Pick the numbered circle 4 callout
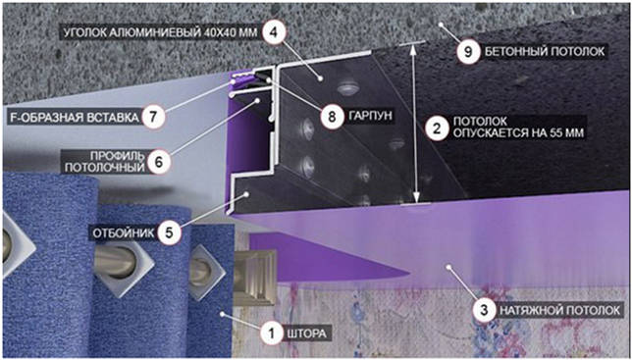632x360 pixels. tap(273, 30)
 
